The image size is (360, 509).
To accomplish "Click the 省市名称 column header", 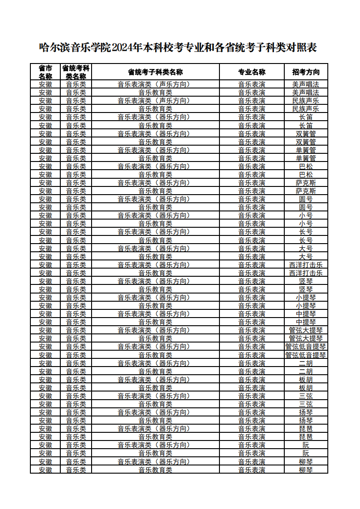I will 45,72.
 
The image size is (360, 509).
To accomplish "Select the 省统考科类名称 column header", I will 76,72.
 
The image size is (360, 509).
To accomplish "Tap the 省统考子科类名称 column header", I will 155,72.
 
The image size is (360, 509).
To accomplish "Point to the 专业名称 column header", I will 252,72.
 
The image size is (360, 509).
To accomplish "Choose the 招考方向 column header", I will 306,72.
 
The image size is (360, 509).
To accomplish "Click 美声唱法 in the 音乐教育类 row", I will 306,93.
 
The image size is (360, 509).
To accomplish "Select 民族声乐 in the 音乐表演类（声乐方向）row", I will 306,101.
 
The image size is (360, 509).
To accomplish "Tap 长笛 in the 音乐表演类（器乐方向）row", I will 306,117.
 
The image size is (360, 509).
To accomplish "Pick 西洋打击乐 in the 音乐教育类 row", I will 306,273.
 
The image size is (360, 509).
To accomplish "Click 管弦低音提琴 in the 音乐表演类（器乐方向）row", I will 306,347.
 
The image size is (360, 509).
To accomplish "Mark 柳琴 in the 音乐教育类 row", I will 306,470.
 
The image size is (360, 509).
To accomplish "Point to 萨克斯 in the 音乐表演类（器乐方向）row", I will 306,183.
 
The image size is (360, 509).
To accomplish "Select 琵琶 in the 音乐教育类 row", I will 306,437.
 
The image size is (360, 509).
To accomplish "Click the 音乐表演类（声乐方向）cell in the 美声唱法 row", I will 155,84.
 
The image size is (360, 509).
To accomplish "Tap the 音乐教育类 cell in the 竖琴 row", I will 155,289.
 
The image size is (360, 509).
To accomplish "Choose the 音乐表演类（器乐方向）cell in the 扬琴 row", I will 155,412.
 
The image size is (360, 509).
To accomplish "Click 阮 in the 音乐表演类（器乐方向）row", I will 306,445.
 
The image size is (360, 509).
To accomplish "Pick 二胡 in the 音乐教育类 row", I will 306,372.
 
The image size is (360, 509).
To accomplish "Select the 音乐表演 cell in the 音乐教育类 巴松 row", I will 252,175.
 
